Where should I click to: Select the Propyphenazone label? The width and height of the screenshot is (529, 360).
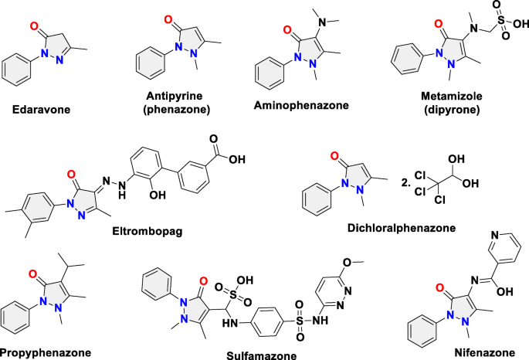pyautogui.click(x=46, y=352)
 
